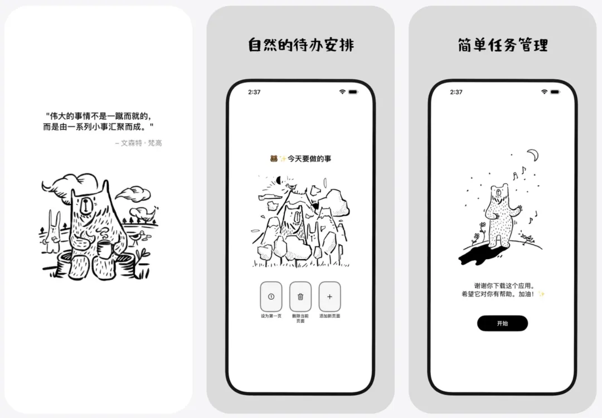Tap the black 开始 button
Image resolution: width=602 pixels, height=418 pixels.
pos(502,323)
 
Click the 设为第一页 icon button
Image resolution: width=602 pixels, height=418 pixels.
pos(271,297)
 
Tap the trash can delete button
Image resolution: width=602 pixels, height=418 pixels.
pos(300,297)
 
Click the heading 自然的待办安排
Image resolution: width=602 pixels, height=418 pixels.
pos(301,45)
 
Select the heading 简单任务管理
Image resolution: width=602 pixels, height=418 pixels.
pos(503,45)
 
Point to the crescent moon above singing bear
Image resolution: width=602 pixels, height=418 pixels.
pos(533,155)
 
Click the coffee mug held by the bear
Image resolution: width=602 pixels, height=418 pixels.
pos(104,250)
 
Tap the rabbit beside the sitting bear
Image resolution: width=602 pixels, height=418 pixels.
pos(53,232)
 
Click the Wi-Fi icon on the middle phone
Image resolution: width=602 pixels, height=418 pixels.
pos(342,92)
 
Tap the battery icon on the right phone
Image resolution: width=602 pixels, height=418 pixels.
pos(555,92)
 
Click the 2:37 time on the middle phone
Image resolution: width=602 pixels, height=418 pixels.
pos(254,92)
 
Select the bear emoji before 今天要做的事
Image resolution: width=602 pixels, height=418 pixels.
pos(274,158)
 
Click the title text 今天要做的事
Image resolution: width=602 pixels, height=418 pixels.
pos(309,158)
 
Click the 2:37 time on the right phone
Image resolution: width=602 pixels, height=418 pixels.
pos(456,92)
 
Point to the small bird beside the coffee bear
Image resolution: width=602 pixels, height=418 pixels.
pos(137,237)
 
